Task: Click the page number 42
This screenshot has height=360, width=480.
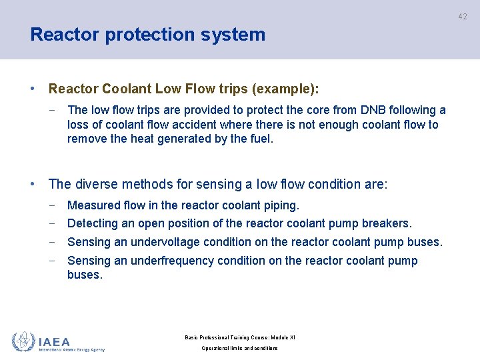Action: point(463,17)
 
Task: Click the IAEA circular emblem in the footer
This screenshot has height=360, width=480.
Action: point(23,341)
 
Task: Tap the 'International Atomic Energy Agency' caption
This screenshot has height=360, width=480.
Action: point(71,349)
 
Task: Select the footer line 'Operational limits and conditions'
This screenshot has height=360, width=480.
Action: point(239,349)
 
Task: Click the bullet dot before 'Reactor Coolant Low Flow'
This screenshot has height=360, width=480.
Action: point(33,89)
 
